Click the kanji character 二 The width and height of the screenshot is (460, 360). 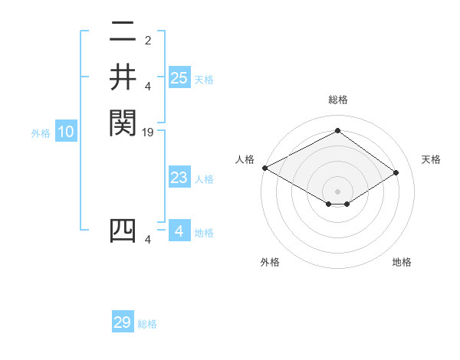point(123,33)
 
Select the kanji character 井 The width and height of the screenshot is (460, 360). point(123,77)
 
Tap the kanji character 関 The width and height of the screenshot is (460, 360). point(123,122)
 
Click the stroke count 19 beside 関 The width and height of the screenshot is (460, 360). point(149,133)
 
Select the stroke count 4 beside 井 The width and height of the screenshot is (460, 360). point(149,86)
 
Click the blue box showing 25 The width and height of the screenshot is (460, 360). point(179,77)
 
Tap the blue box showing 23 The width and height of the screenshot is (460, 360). point(179,178)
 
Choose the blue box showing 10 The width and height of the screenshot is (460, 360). point(66,132)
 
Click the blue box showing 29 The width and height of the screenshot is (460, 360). point(123,322)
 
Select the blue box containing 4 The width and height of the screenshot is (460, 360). point(179,231)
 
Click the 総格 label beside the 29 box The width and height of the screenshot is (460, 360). point(147,324)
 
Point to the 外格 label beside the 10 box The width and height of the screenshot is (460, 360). point(41,133)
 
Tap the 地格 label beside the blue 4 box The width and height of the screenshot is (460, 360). point(204,233)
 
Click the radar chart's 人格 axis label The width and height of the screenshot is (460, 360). point(245,159)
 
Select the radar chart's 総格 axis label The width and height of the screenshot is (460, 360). point(337,100)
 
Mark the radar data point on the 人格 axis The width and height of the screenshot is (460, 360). point(264,168)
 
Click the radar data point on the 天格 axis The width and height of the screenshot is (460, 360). point(396,173)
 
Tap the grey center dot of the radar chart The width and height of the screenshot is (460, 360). point(337,191)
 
